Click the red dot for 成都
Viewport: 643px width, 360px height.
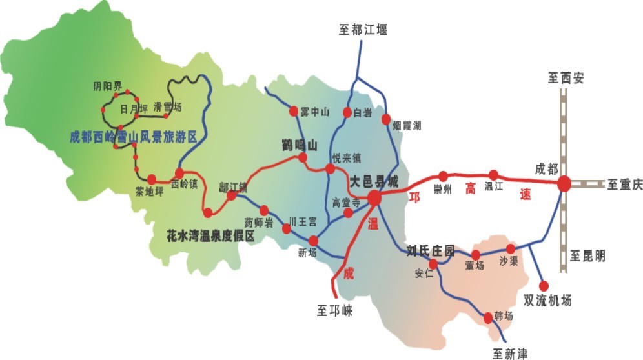pos(564,183)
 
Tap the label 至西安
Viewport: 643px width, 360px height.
pos(566,79)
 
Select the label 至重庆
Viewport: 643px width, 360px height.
pos(624,185)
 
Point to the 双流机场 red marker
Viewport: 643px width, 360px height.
pos(544,285)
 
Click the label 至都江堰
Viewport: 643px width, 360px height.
pos(363,29)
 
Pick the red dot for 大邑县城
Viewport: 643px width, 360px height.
pos(374,199)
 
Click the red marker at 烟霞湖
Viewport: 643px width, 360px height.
pos(387,119)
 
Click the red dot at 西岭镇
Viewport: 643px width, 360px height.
pos(179,173)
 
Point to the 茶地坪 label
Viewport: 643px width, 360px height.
pos(150,192)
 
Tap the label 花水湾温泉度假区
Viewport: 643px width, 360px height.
pos(211,236)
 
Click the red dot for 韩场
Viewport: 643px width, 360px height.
pos(488,317)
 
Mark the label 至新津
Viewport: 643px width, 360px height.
pos(510,353)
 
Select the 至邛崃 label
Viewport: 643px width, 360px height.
pos(334,310)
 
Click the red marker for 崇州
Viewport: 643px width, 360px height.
pos(443,175)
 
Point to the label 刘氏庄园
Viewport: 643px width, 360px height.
pos(431,250)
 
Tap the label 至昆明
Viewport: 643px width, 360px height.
pos(587,256)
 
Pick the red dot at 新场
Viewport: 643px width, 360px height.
pos(314,241)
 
